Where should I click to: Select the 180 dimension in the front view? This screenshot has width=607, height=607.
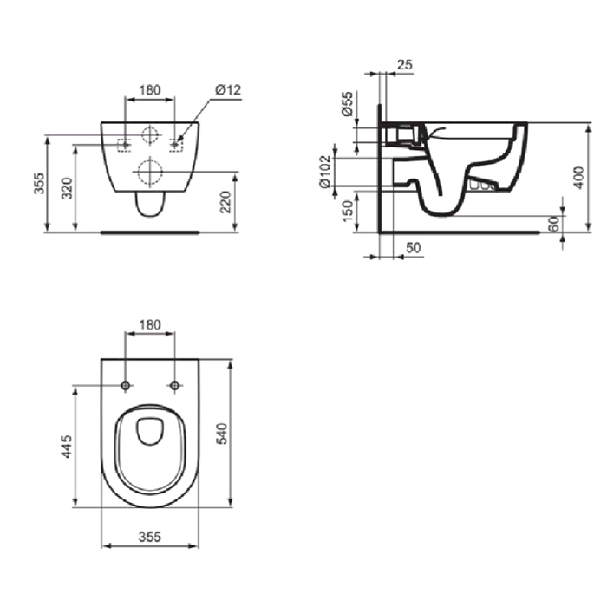point(150,89)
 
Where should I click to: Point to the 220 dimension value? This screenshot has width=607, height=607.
point(225,203)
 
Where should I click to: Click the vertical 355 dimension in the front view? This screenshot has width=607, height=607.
point(39,183)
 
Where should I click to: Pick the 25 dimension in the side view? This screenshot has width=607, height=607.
point(404,64)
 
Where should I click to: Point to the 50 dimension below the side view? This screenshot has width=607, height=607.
point(414,248)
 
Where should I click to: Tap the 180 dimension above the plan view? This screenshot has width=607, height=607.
point(150,324)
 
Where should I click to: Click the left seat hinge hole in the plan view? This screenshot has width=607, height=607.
point(127,385)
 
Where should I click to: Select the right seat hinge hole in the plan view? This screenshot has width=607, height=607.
point(174,385)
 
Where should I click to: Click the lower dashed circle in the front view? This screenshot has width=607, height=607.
point(150,172)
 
